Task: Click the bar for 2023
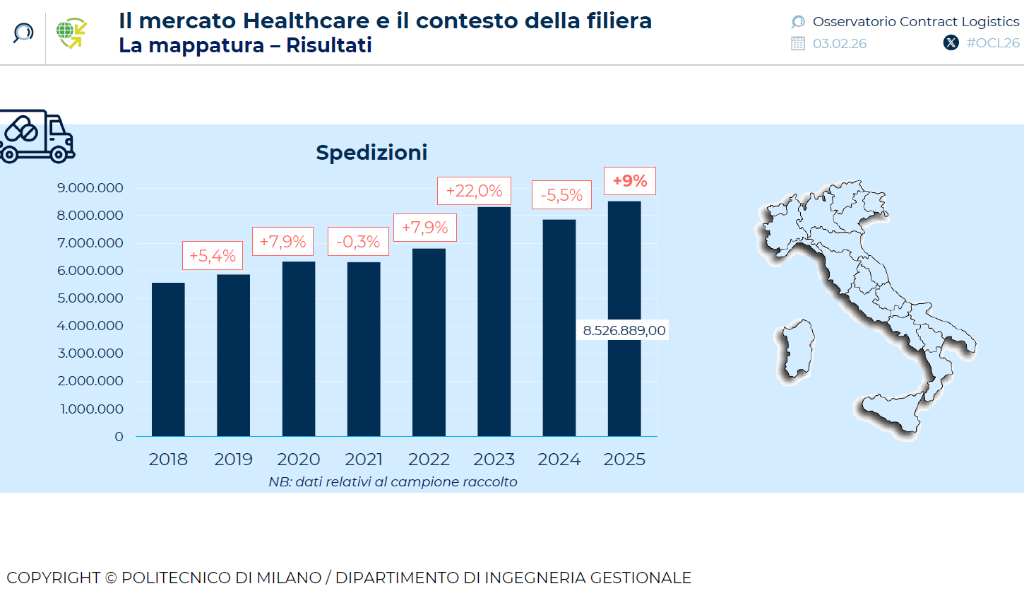pos(494,322)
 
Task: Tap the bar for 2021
pos(364,349)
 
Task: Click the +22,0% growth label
pos(474,191)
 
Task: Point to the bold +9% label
pos(629,181)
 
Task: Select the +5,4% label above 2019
pos(213,255)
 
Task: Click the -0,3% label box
pos(358,242)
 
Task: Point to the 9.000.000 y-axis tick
pos(91,188)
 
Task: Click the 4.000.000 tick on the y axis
pos(91,326)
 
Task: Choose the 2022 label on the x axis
pos(429,460)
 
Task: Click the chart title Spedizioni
pos(371,152)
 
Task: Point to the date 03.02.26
pos(839,44)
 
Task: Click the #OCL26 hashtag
pos(992,42)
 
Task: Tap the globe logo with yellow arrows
pos(71,33)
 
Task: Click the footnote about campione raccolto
pos(393,482)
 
